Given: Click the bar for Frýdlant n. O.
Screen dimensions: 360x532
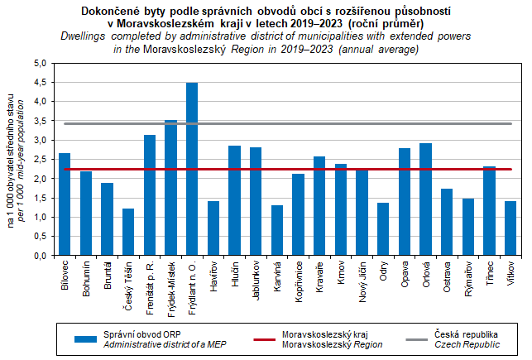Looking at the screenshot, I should pos(192,170).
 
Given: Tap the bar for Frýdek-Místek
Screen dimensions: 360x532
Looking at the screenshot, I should pos(171,188).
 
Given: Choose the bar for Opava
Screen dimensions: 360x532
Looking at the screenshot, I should pos(405,202).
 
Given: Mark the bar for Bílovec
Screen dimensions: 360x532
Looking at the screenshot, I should pos(65,204).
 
